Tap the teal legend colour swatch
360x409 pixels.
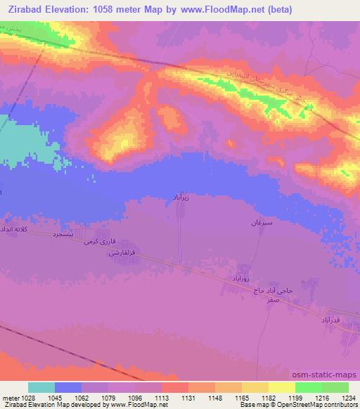tap(41, 387)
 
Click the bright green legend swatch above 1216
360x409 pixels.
tap(309, 387)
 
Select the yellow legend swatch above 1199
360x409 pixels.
tap(282, 387)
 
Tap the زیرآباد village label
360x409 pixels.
tap(181, 199)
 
